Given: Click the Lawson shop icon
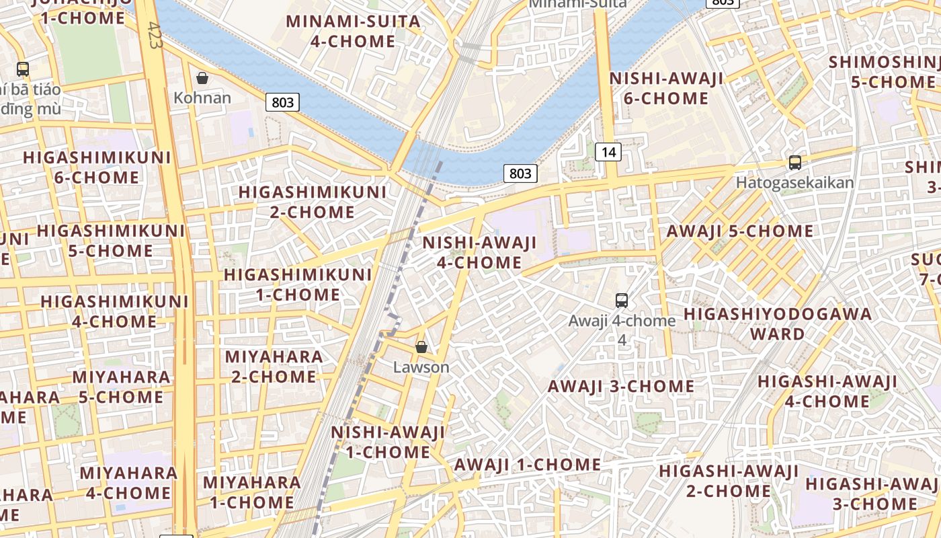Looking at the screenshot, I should (421, 347).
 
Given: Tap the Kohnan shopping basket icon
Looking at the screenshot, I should (202, 78).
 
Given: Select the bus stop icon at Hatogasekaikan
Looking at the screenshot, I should (795, 162).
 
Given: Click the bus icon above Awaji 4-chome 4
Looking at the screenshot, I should (622, 301).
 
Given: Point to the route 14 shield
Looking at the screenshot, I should (608, 152).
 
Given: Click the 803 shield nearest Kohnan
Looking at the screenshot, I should (283, 102).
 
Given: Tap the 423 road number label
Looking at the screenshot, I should (154, 34).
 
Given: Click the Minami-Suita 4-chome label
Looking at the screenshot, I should (353, 31).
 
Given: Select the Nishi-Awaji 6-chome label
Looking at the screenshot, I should (666, 88).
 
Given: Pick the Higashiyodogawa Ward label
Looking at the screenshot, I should (778, 323).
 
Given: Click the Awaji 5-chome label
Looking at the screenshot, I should (739, 231).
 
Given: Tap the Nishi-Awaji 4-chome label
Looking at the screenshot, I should (479, 252).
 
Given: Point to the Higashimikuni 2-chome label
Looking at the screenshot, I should (313, 202).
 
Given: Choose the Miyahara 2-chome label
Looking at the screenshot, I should (274, 366).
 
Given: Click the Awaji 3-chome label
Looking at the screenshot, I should (621, 386).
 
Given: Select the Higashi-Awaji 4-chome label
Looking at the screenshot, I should (827, 391).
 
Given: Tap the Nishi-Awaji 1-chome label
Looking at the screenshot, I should (388, 442).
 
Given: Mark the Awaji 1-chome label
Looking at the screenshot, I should (528, 465).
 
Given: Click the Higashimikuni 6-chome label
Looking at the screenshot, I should (97, 167).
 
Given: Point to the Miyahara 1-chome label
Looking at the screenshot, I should (252, 492).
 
